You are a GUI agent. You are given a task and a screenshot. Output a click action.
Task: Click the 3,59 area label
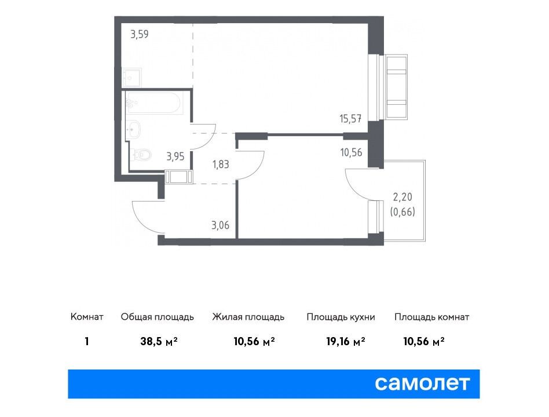(x=140, y=34)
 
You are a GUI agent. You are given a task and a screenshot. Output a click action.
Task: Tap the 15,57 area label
(x=350, y=119)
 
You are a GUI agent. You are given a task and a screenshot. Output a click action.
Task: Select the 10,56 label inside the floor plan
(x=351, y=152)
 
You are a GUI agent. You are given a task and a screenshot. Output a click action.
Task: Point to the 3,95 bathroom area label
(x=175, y=156)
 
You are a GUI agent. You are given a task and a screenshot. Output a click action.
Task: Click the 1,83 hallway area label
(x=221, y=164)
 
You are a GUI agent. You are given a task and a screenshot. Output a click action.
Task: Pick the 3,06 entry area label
(x=221, y=225)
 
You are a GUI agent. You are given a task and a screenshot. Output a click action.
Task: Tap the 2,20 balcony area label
(x=402, y=197)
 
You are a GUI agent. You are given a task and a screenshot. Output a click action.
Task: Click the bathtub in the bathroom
(x=155, y=103)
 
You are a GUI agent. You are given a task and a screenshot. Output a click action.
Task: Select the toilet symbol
(x=140, y=155)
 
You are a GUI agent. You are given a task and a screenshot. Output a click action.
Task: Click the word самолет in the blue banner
(x=422, y=383)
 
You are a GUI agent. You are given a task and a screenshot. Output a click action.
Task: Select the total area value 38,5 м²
(x=159, y=341)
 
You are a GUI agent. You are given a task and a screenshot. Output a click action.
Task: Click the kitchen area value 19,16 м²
(x=346, y=341)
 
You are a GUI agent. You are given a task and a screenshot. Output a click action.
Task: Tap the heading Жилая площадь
(x=248, y=317)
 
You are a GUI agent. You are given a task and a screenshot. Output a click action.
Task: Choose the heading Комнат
(x=87, y=317)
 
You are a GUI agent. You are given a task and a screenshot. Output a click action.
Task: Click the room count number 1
(x=87, y=341)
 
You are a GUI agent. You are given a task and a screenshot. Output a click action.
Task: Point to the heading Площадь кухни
(x=341, y=317)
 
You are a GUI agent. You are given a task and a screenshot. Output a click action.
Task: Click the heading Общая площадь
(x=157, y=317)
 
